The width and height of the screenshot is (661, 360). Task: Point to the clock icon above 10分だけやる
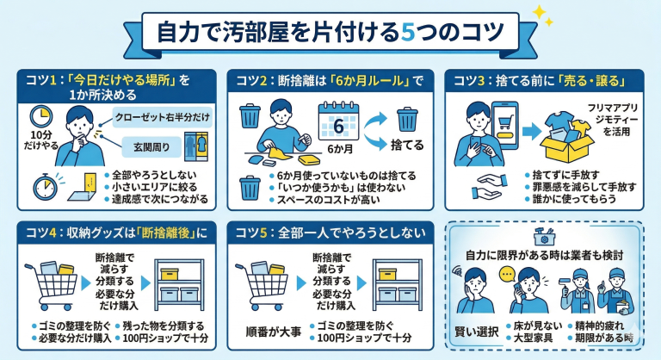pyautogui.click(x=40, y=117)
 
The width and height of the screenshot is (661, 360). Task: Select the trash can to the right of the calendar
pyautogui.click(x=407, y=117)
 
